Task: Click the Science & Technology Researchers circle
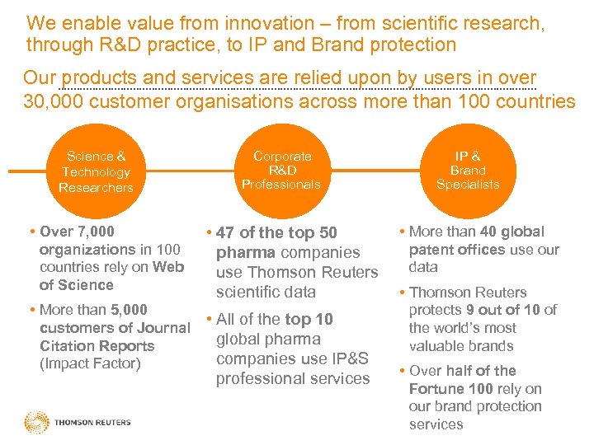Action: point(96,171)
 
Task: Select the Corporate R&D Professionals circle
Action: point(281,171)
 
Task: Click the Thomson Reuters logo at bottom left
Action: point(78,423)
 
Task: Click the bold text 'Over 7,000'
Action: point(77,232)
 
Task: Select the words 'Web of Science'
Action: point(111,276)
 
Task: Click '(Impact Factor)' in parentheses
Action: point(90,363)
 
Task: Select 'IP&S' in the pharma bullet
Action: point(348,358)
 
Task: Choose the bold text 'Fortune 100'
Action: point(445,388)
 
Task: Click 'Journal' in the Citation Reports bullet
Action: point(166,328)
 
